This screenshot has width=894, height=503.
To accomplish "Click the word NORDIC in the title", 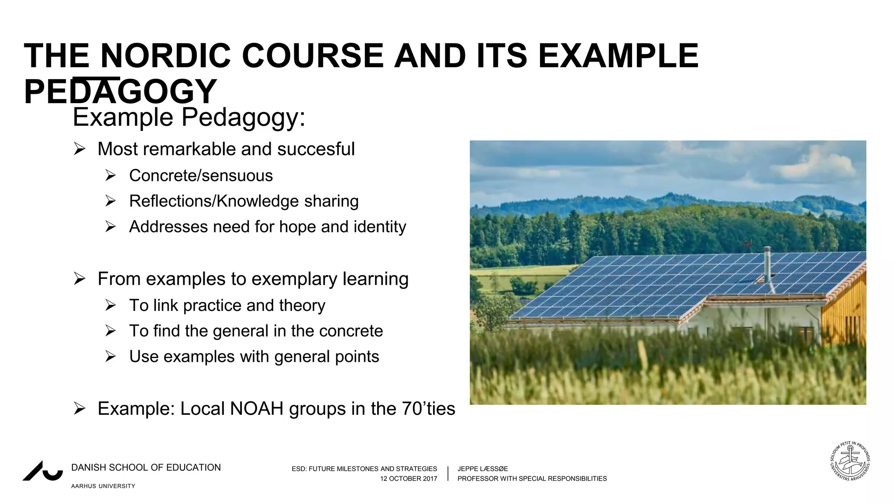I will tap(165, 56).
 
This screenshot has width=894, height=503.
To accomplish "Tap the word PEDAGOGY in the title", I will tap(120, 92).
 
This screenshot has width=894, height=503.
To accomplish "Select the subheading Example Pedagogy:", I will tap(189, 117).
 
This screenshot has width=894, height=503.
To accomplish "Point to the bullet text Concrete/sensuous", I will tap(201, 176).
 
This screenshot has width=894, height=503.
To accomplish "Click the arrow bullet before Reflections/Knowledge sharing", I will tap(110, 201).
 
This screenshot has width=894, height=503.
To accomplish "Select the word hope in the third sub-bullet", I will tap(298, 227).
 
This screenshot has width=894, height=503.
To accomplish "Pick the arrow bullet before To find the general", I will tap(110, 331).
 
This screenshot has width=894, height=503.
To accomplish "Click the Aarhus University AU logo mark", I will tap(43, 472).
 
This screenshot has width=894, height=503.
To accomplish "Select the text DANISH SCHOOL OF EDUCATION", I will tap(146, 468).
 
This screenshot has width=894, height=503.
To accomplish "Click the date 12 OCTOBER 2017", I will tap(408, 479).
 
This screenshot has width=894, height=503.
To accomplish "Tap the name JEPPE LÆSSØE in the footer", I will tap(482, 469).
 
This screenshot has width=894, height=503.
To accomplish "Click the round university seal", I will tap(850, 461).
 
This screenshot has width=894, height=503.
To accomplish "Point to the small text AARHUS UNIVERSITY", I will tap(103, 486).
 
